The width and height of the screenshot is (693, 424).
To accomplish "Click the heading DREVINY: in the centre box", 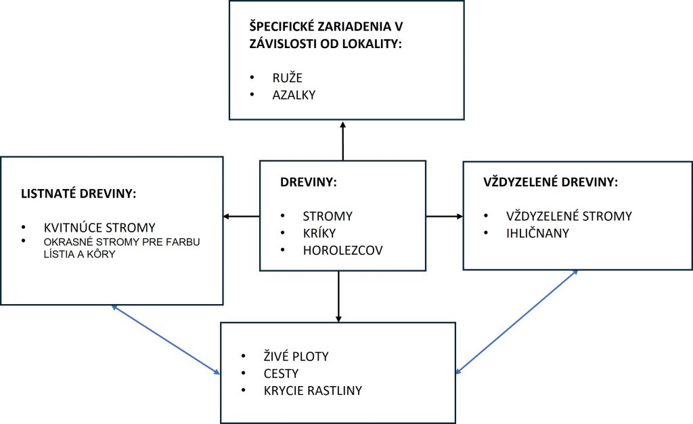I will (x=309, y=182).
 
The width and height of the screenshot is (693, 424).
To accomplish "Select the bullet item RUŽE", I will (x=287, y=77).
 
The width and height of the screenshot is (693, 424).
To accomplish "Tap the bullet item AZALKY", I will (x=294, y=96).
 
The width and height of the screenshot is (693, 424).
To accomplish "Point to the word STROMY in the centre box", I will (x=328, y=217).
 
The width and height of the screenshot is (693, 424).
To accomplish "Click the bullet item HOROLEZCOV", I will (x=342, y=251).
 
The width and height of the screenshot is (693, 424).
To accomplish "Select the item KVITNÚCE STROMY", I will (x=99, y=228).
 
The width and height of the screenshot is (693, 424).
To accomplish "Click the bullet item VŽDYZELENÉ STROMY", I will (x=568, y=216).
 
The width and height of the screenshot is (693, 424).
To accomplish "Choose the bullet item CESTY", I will (x=281, y=373).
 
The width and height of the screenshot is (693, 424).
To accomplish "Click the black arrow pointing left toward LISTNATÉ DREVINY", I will (x=242, y=217).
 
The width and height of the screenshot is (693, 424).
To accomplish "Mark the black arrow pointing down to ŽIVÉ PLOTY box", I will (x=338, y=296).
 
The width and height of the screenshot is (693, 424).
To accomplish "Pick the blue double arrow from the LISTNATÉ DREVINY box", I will (x=166, y=339).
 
